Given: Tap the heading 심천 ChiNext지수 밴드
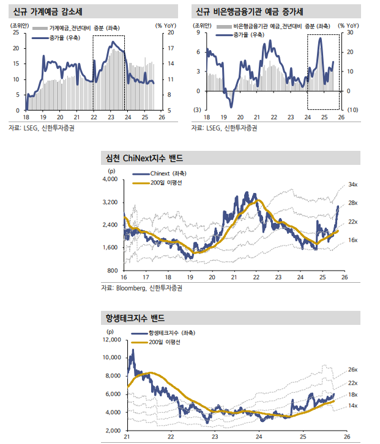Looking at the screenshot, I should (145, 158).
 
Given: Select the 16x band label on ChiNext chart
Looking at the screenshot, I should (353, 241).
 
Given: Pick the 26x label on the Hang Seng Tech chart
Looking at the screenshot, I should (352, 369).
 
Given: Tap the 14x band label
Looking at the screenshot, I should (352, 406).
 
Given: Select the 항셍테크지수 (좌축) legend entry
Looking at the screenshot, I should (172, 333).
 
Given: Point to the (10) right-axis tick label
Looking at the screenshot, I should (352, 109).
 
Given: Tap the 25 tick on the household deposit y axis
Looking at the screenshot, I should (15, 32).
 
